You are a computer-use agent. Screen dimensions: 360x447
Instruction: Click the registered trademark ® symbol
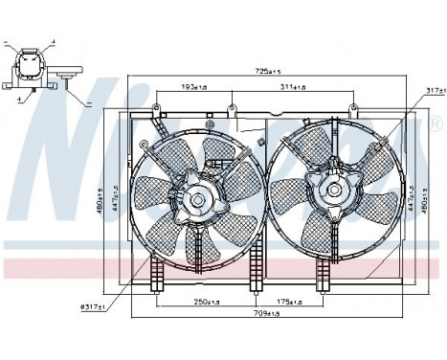(x=436, y=124)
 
